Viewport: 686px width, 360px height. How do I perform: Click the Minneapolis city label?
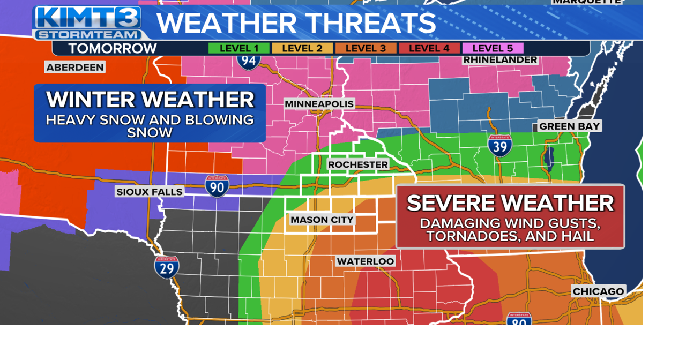319,104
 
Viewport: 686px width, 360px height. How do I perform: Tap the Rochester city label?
358,164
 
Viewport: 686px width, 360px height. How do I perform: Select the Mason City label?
322,220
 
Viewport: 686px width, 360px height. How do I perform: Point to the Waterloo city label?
366,261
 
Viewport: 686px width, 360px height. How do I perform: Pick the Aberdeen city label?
75,67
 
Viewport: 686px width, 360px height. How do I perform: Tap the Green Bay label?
569,126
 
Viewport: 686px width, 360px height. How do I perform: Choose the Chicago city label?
598,292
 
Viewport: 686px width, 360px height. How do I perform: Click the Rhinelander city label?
500,59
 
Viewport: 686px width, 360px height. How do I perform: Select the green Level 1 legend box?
238,48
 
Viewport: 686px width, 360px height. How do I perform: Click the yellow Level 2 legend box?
302,48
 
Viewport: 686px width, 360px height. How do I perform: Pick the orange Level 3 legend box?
366,48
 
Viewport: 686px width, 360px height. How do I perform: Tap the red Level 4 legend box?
429,48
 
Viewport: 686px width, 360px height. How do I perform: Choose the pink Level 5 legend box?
493,48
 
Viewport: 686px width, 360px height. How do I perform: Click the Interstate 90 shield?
217,186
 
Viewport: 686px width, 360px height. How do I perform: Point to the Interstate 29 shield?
167,267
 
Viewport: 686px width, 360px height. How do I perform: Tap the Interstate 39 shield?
499,145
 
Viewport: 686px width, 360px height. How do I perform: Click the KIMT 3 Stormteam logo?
87,22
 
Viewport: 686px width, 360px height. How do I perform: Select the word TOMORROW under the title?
113,49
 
